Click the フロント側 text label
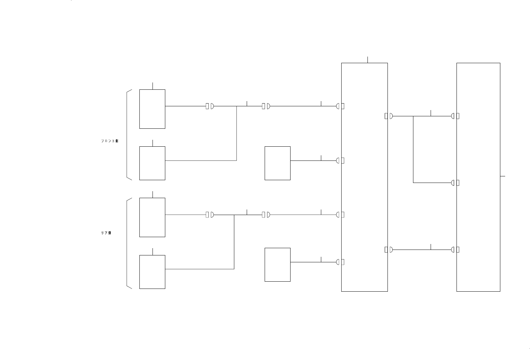(110, 141)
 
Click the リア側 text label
(106, 233)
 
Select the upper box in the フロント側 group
(152, 109)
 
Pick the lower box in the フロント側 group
(152, 163)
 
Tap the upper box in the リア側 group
(152, 217)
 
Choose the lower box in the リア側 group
(152, 272)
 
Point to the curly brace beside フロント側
(128, 135)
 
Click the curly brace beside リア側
(128, 243)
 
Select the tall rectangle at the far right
(478, 177)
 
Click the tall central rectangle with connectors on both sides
(364, 177)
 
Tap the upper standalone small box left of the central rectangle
(277, 163)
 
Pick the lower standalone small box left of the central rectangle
(277, 265)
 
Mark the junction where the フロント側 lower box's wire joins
(236, 106)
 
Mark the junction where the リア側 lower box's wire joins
(234, 215)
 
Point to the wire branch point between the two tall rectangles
(413, 116)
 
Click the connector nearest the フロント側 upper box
(210, 106)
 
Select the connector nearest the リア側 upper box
(210, 215)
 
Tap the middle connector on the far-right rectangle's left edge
(455, 183)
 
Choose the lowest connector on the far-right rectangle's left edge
(455, 250)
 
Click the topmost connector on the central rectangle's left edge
(340, 106)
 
